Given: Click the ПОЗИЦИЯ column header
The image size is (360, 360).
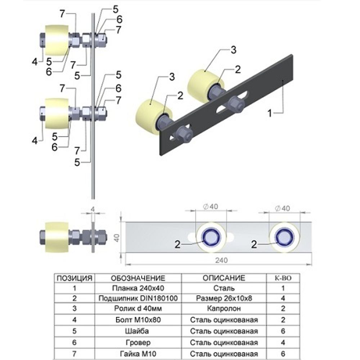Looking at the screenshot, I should pos(75,278).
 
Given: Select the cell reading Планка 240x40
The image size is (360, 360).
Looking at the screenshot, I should pos(138,288).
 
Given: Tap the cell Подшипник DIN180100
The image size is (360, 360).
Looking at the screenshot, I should pos(138,298).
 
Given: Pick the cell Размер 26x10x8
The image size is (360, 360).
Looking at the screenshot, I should pos(223,298).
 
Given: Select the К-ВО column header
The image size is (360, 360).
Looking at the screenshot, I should pos(283,278).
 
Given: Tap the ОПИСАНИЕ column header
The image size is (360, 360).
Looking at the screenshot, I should pos(223,278).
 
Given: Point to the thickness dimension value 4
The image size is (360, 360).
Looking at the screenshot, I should pos(93,208).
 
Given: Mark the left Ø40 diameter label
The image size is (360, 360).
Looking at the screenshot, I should pos(211,207).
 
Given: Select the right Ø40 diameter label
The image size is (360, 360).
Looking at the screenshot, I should pos(283,207).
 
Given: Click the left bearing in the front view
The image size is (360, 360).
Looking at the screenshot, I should pos(211,237).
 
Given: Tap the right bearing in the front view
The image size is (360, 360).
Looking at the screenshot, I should pos(283,237).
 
